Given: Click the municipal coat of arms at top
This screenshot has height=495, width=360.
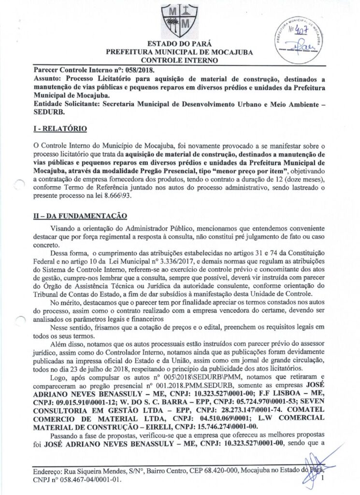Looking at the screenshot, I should pos(179,20).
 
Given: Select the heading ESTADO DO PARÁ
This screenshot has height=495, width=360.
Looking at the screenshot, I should pos(179,44).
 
